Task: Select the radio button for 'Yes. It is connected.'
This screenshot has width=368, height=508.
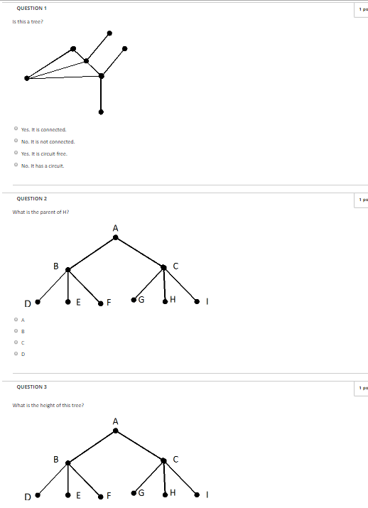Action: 16,129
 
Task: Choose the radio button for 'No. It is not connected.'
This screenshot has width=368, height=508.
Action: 16,141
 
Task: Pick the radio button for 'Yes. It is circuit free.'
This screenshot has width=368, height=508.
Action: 16,153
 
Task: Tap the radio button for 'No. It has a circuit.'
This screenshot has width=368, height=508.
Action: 16,166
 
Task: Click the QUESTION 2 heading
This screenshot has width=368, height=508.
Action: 31,199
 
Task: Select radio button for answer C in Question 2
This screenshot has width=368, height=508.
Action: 16,342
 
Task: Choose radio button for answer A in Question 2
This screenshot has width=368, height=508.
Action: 16,320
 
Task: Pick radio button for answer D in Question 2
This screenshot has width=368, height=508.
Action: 16,353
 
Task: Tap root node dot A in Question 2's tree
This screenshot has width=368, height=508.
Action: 116,237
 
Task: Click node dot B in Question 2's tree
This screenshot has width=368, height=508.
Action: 68,269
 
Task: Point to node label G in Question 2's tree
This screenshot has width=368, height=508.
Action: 141,299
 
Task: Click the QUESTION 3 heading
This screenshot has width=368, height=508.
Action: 31,387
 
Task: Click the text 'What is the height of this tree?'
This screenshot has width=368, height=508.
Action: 48,405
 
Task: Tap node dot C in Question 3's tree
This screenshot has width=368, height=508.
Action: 164,460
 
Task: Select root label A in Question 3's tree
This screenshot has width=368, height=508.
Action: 116,421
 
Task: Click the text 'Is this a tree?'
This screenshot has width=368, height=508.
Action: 28,21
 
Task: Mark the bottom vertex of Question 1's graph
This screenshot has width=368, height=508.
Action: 101,112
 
